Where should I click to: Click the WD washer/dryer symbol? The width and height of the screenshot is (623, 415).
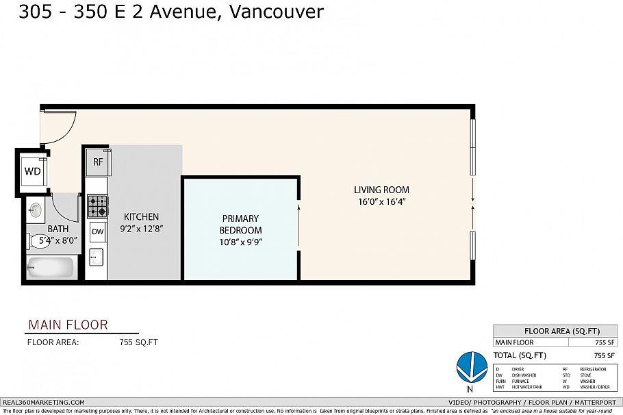click(32, 171)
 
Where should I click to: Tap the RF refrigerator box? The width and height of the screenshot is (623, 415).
click(98, 162)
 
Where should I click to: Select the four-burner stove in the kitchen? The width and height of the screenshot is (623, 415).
click(98, 205)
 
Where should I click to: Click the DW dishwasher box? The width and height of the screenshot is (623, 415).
click(98, 232)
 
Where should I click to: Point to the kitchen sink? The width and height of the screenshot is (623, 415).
click(97, 257)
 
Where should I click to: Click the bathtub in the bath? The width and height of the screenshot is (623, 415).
click(51, 266)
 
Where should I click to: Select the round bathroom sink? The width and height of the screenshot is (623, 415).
click(36, 211)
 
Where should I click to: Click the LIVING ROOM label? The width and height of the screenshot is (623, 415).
click(381, 190)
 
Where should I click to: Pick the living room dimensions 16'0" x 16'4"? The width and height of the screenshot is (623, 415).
click(381, 201)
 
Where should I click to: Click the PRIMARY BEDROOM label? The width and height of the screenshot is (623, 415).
click(241, 224)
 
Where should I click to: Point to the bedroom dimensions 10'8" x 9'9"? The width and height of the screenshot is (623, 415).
click(241, 242)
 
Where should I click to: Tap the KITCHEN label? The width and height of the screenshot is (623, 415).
click(141, 216)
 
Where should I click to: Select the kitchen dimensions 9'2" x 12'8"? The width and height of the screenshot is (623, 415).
click(141, 228)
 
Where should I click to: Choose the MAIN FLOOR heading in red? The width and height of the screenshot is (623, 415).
click(68, 325)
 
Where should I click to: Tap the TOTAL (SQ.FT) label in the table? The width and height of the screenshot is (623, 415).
click(520, 355)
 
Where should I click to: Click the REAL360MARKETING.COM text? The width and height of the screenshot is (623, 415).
click(44, 402)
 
